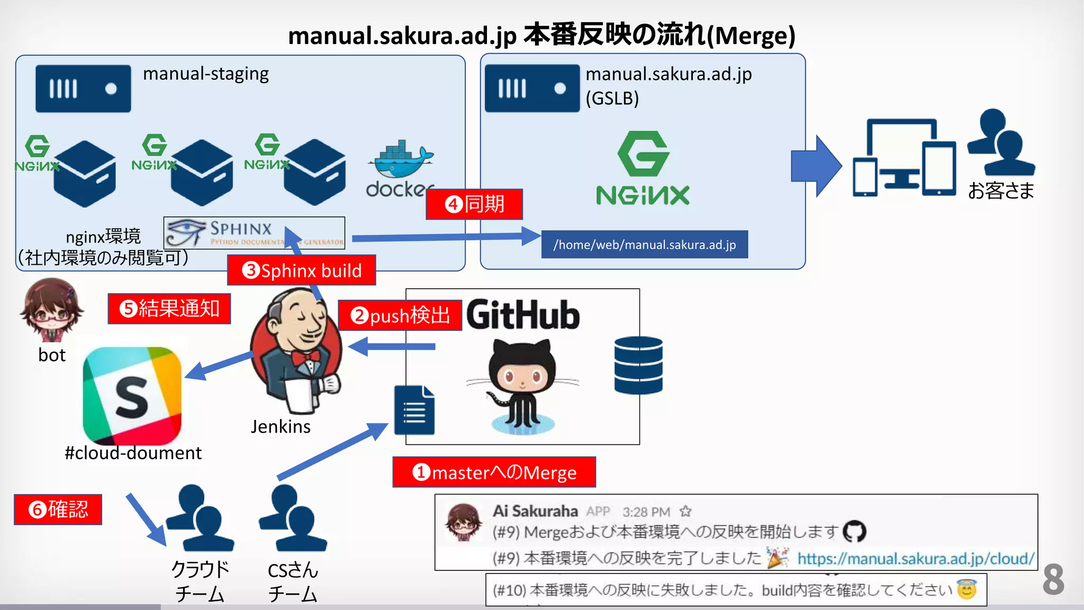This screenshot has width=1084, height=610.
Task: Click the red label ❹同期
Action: [474, 204]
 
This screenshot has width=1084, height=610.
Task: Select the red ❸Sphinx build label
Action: [302, 271]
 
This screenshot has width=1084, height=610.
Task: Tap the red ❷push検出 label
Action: [400, 316]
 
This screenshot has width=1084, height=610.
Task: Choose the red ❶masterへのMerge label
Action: [494, 472]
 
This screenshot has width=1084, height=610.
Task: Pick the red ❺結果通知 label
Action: [169, 309]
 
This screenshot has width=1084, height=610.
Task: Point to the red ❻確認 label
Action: [58, 509]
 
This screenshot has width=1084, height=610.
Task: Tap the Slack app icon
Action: [132, 396]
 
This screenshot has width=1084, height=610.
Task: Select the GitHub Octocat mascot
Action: [522, 387]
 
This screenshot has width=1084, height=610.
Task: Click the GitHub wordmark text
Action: [523, 315]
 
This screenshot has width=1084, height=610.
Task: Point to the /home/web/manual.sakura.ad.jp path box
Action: [644, 245]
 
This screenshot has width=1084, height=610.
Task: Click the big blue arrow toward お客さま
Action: [816, 166]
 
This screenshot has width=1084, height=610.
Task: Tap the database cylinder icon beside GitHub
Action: [638, 365]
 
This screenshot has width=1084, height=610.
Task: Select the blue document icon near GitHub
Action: [414, 410]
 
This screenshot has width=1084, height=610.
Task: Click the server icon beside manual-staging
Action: [83, 88]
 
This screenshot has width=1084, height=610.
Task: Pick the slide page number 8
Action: [1053, 579]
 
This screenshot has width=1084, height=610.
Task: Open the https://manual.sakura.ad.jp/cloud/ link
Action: [915, 559]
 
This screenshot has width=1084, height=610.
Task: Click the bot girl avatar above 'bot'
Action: [51, 310]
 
